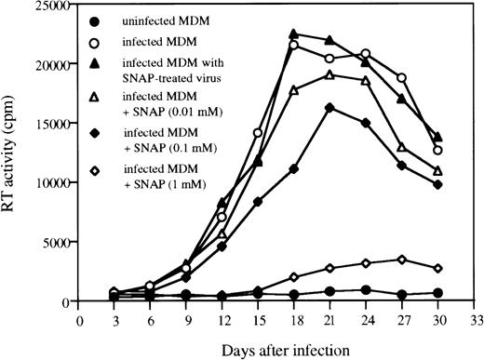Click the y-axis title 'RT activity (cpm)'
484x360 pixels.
click(13, 153)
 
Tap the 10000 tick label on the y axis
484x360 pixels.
click(53, 183)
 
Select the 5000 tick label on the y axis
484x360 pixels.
click(57, 242)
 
